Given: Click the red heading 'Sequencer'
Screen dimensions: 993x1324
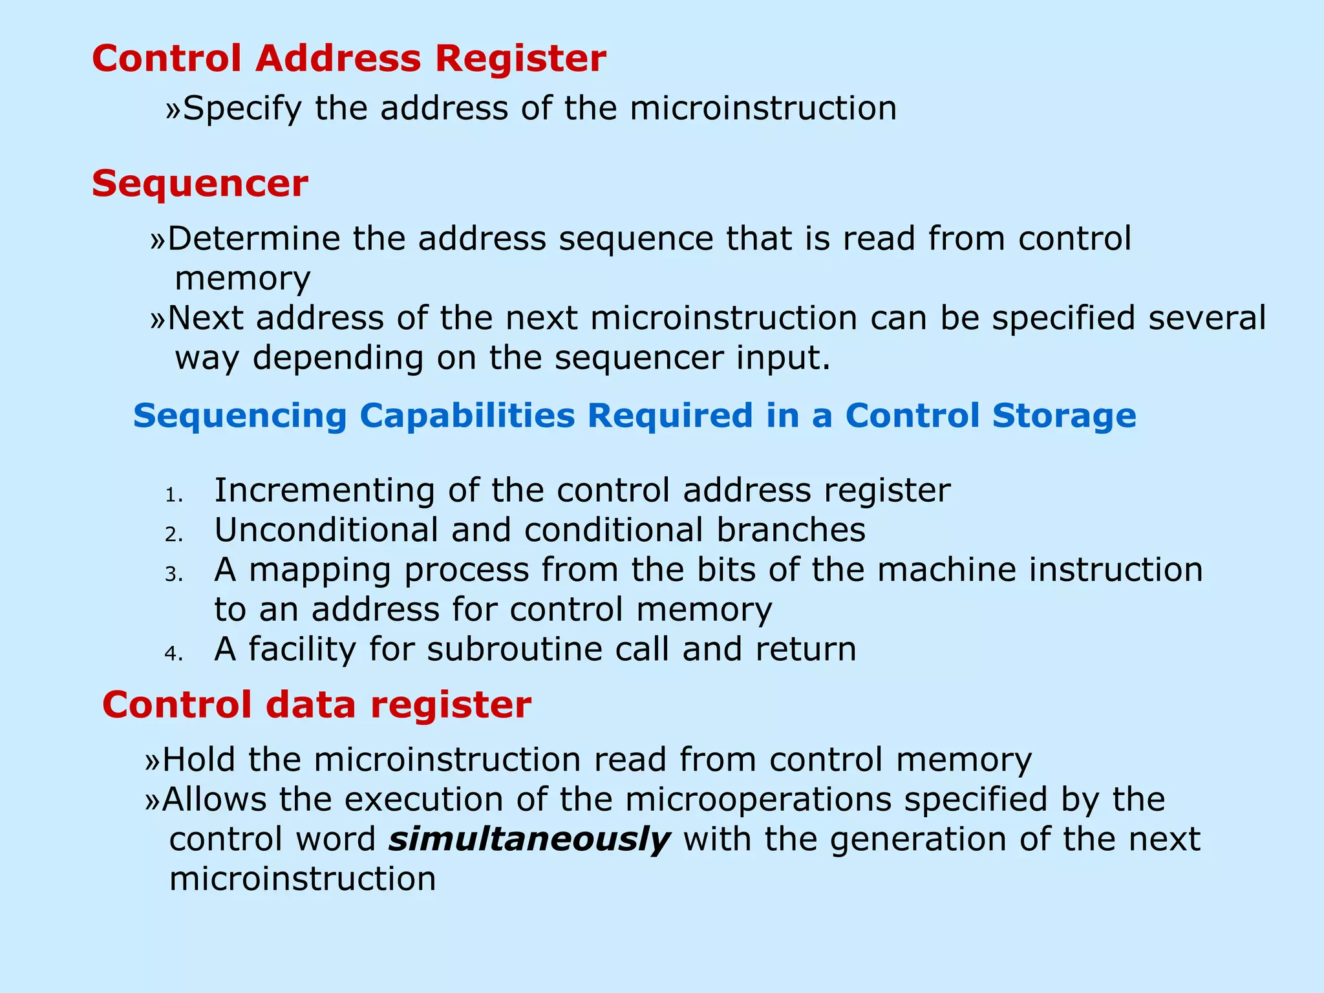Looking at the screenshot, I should (x=200, y=184).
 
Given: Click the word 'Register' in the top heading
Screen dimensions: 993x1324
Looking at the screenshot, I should (x=520, y=59).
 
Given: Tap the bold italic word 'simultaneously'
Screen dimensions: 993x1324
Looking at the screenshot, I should (x=529, y=840).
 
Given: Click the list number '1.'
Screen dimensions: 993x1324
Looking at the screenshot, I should (x=174, y=496).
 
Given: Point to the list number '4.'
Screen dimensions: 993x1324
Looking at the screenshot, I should (x=174, y=654).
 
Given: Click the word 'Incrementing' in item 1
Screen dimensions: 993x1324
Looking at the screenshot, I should (x=325, y=491).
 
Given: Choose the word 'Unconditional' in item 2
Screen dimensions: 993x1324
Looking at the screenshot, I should (x=326, y=530).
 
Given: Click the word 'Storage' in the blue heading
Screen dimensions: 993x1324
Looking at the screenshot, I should (x=1063, y=415).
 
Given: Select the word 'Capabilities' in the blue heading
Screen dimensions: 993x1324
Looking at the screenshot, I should (x=467, y=416).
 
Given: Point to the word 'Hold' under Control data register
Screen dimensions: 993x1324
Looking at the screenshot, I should (x=198, y=759).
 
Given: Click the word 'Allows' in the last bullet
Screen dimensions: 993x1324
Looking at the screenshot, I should (x=214, y=799).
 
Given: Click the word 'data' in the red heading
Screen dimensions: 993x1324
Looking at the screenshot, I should (x=311, y=705).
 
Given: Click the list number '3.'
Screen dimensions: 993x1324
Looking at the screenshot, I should (x=174, y=575).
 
